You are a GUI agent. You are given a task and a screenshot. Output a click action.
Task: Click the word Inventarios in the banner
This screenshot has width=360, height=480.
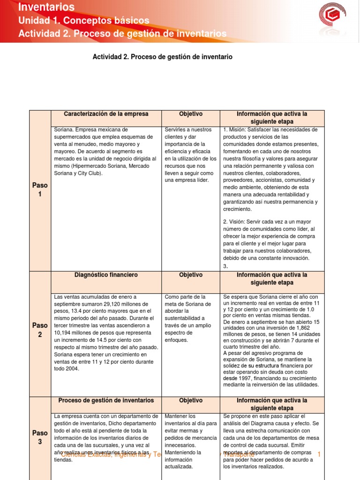click(46, 7)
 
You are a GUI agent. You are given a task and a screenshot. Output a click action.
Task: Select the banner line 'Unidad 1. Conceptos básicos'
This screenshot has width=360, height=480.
click(83, 21)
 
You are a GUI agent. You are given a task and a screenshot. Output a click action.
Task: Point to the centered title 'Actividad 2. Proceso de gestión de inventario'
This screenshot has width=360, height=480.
click(163, 57)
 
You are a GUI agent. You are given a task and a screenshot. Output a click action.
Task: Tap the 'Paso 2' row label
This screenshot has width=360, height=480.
click(40, 330)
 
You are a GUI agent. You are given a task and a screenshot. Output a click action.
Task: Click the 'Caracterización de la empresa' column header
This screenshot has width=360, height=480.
click(106, 114)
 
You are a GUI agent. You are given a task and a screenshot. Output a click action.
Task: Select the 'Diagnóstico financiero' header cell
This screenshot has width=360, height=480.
click(106, 275)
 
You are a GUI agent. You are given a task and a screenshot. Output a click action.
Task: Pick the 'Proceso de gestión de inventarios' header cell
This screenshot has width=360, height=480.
click(106, 401)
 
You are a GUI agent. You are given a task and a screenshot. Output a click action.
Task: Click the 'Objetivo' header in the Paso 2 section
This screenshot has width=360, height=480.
click(191, 275)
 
